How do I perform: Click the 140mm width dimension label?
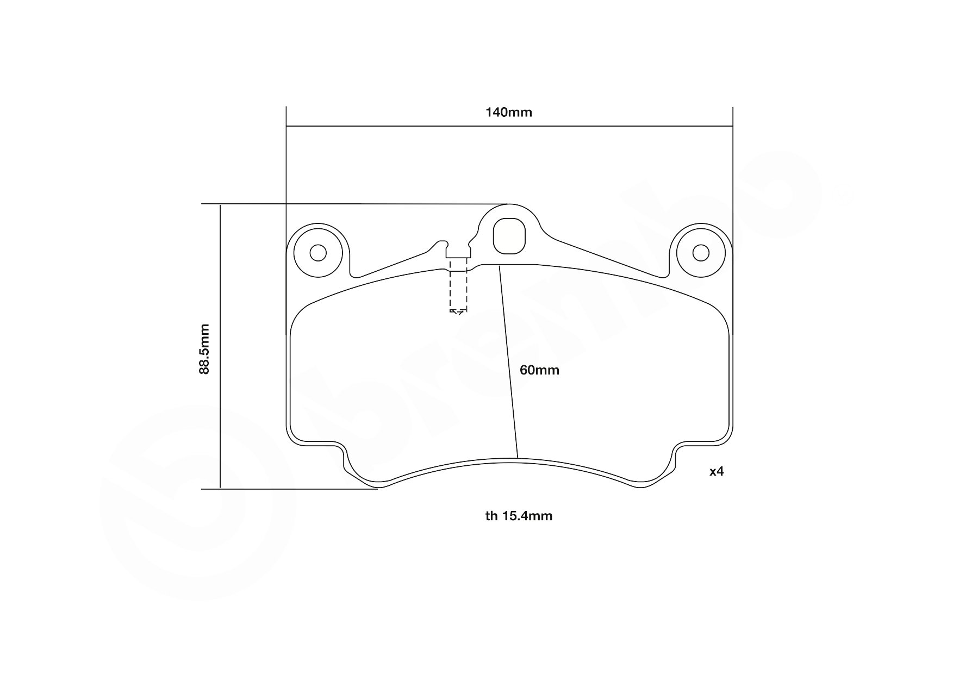508,113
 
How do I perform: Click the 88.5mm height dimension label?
204,348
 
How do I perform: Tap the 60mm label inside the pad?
539,370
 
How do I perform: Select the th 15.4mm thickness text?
519,516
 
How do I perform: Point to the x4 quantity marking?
717,471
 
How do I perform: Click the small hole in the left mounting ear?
317,253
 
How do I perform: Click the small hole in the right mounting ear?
701,253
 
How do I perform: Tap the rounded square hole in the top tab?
509,235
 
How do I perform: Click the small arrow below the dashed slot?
457,311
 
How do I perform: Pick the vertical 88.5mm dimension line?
220,348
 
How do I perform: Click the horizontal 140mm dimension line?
508,127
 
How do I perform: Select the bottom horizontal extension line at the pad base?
288,489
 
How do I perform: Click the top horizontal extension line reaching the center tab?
353,204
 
